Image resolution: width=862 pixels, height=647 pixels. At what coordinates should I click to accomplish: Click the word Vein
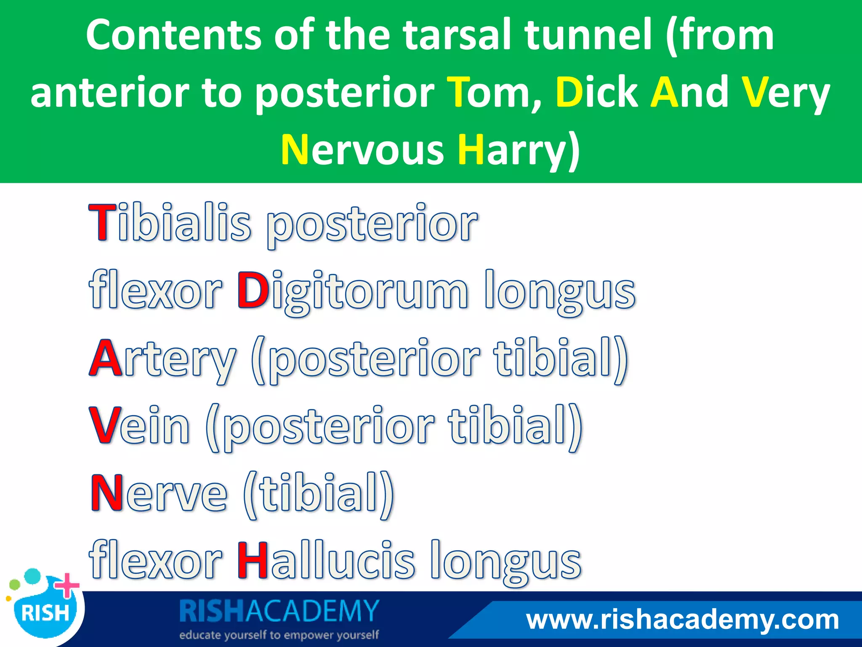pos(139,425)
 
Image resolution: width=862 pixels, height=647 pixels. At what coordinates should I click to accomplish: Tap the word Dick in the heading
pos(596,92)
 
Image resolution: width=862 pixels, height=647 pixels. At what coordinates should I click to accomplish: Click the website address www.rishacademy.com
pos(682,620)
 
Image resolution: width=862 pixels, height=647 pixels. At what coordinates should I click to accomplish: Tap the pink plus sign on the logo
pos(67,586)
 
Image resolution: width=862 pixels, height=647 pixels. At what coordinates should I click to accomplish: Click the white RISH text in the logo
pos(45,613)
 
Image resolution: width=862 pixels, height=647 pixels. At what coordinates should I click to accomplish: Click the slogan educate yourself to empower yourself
pos(279,635)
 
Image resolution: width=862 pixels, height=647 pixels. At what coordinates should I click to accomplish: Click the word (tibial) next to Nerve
pos(319,494)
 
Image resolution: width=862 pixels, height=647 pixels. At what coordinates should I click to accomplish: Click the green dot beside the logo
pos(15,585)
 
